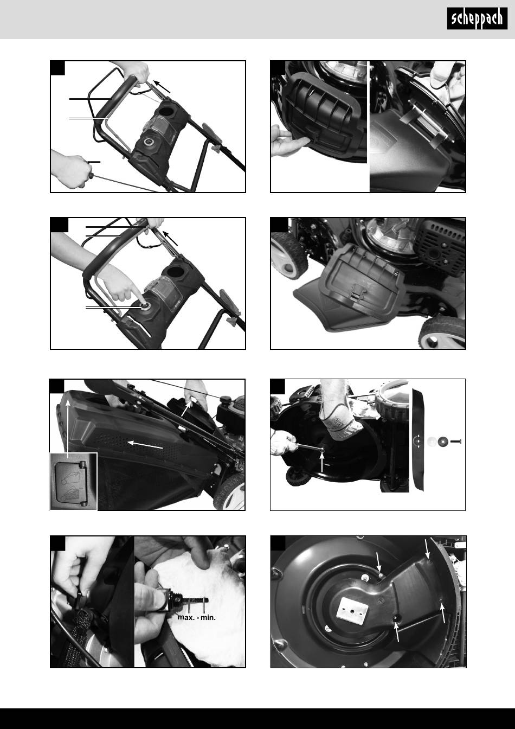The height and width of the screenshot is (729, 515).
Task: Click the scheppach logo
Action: coord(477,18)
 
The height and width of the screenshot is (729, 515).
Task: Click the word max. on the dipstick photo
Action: coord(186,617)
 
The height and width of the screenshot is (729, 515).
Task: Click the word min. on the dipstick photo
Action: coord(208,617)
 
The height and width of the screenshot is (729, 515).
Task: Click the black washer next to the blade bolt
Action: coord(443,442)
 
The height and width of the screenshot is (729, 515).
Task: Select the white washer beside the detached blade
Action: coord(432,442)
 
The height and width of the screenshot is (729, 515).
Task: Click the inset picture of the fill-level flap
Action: coord(74,481)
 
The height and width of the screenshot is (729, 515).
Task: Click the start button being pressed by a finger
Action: coord(144,305)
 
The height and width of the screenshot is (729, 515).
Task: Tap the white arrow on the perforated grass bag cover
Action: coord(145,445)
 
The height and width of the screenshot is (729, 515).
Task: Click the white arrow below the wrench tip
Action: coord(322,462)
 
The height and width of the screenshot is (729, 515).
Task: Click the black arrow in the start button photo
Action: coord(170,238)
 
